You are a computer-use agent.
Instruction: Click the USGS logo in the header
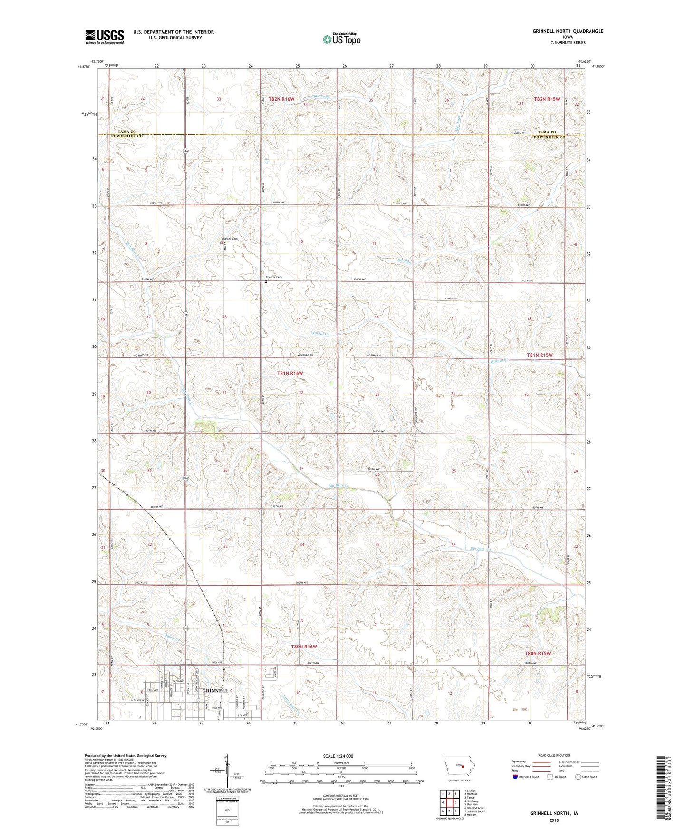pos(105,37)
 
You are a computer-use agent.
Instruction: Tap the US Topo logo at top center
pos(341,39)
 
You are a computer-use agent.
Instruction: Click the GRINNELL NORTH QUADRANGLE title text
pos(568,31)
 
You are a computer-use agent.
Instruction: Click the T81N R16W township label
pos(290,373)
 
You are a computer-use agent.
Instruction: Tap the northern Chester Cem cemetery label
pos(229,239)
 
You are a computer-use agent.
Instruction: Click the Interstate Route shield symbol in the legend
pos(516,777)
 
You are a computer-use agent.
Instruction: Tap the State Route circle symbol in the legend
pos(578,777)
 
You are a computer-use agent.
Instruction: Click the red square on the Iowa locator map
pos(462,766)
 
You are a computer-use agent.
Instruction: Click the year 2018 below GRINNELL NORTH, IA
pos(553,820)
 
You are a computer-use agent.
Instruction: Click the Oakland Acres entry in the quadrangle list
pos(475,808)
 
